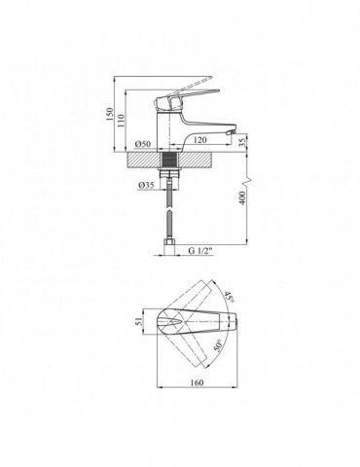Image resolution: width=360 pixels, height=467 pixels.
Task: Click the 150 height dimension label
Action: (109, 115)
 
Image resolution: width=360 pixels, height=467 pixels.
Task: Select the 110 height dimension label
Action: (121, 121)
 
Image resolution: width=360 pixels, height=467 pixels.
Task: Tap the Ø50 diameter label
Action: (143, 144)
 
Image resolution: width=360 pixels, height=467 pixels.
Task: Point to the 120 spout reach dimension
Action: (199, 140)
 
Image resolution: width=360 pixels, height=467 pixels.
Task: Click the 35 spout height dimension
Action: (243, 142)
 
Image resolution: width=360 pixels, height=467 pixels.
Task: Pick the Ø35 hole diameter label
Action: (146, 185)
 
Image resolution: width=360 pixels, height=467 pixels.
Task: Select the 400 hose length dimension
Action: (242, 198)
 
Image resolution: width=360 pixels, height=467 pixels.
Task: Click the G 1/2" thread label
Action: (200, 250)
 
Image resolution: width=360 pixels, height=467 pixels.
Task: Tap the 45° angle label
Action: (229, 297)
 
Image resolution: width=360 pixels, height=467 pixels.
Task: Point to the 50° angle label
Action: (218, 346)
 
